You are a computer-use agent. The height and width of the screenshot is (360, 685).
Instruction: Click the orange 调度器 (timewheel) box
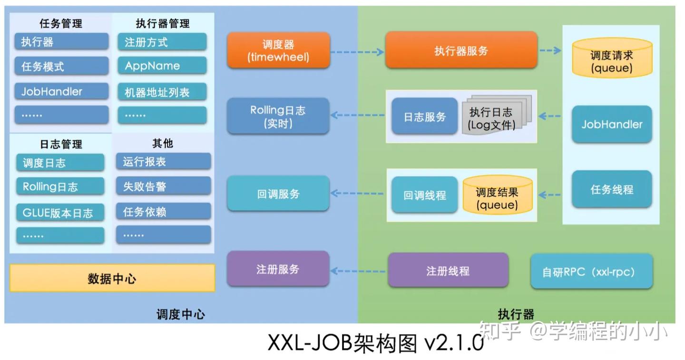pos(278,50)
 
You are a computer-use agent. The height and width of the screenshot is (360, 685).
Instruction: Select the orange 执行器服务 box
pos(461,50)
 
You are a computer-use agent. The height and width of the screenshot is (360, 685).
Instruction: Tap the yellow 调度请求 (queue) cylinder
pos(611,59)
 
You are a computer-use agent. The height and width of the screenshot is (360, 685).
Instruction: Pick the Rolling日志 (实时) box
pos(278,117)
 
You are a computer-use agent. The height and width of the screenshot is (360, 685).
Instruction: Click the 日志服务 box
pos(424,117)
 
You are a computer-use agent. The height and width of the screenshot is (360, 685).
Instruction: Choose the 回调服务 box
pos(278,194)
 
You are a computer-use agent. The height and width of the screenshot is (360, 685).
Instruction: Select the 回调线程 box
pos(424,195)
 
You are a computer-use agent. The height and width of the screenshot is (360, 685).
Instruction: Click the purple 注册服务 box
pos(278,269)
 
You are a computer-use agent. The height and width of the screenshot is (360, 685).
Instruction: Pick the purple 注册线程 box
pos(448,271)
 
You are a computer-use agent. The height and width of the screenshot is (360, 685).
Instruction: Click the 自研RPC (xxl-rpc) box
pos(591,272)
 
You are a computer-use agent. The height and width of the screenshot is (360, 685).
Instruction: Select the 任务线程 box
pos(611,189)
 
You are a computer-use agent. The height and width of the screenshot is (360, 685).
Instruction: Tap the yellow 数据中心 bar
pos(112,278)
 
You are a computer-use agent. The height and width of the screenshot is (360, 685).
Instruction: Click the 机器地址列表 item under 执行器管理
pos(162,92)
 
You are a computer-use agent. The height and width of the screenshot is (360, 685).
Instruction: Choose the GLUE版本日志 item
pos(60,212)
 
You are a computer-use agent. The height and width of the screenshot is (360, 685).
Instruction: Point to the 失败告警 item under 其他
pos(163,186)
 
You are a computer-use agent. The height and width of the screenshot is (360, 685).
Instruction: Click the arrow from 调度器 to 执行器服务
pos(357,51)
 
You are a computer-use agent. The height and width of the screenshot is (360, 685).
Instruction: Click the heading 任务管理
pos(61,23)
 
